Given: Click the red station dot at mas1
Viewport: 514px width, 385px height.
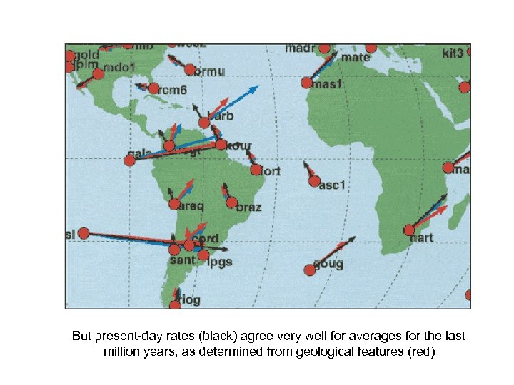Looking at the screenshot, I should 307,83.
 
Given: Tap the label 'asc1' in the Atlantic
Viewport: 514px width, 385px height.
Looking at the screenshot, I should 332,185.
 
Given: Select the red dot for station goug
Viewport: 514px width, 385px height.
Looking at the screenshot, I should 309,269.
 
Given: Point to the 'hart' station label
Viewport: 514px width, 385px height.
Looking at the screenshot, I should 421,239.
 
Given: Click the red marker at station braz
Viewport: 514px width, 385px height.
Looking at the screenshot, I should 231,202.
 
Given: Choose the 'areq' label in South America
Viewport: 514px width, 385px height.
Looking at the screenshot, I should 191,206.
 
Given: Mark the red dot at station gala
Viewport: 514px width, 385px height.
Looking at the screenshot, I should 129,160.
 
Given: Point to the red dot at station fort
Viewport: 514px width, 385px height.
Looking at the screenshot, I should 256,170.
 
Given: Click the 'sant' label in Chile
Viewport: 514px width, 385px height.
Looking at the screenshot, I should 182,260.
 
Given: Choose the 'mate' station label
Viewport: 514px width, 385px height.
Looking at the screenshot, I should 356,57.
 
